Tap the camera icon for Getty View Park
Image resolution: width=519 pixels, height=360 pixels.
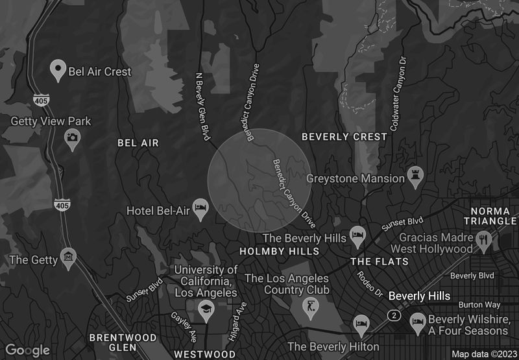[72, 137]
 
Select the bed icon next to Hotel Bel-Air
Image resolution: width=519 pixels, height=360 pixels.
[200, 210]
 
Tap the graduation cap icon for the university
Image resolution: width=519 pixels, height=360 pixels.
[206, 308]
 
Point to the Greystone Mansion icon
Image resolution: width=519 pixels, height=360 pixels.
[415, 175]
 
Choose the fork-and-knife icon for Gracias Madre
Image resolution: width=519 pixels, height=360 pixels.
[483, 241]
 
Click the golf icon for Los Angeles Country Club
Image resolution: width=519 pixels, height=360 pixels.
[310, 306]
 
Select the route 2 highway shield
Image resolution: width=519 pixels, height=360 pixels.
[393, 315]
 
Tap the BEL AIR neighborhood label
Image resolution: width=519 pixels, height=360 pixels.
[138, 142]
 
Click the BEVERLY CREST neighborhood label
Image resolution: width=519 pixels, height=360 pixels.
[344, 137]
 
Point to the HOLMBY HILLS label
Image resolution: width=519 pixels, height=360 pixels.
[279, 251]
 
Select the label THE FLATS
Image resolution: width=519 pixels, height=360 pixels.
[380, 261]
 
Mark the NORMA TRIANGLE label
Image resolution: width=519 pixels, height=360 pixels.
[494, 217]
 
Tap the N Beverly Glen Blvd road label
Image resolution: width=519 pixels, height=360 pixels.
[204, 105]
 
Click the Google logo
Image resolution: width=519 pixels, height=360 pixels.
[27, 350]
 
